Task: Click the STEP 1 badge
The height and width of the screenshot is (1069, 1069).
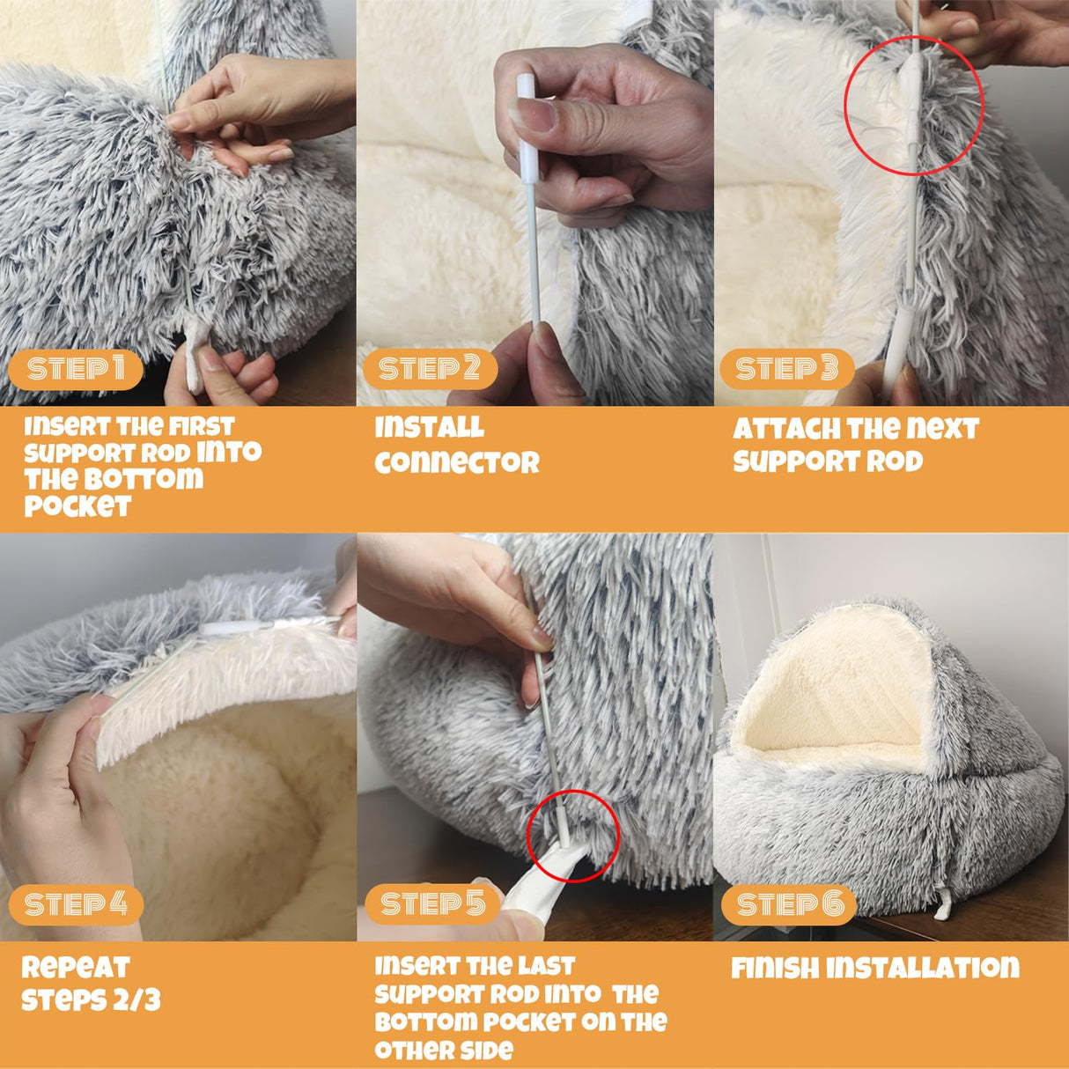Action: point(76,369)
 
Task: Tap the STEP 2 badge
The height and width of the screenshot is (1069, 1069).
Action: point(429,369)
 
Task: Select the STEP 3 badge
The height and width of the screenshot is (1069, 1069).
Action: point(786,369)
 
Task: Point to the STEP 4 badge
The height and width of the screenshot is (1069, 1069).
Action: point(76,904)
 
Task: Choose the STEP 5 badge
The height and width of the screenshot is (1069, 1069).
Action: point(432,904)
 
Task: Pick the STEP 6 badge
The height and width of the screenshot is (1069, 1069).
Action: point(790,904)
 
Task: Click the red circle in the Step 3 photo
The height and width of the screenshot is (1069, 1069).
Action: point(913,106)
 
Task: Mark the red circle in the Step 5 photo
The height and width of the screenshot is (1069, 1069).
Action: point(573,837)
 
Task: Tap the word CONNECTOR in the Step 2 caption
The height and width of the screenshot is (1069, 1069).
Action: point(456,462)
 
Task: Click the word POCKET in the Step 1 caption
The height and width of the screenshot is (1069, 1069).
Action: point(77,506)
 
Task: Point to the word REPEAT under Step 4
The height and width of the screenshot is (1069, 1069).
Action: point(75,967)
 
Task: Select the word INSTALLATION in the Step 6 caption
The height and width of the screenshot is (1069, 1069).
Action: point(922,969)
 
